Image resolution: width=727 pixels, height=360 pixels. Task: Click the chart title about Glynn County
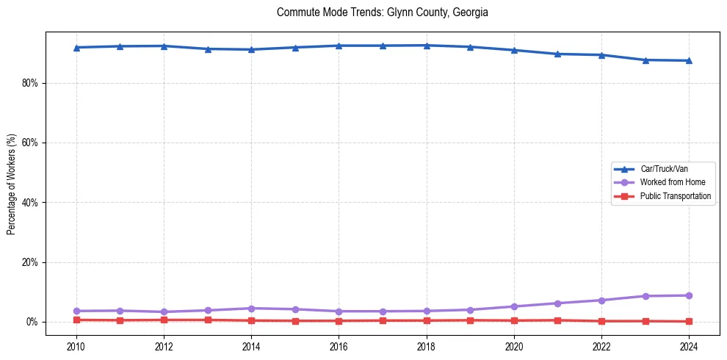click(x=382, y=12)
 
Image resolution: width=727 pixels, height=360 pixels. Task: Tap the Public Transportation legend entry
click(x=675, y=196)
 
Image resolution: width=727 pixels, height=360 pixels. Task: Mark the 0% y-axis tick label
click(x=32, y=322)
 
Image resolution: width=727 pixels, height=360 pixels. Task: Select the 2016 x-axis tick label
click(x=339, y=346)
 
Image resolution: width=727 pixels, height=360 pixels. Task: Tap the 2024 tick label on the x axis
click(x=689, y=346)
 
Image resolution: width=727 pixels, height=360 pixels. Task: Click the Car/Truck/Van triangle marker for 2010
click(x=76, y=48)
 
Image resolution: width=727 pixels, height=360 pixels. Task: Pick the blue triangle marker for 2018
click(x=427, y=46)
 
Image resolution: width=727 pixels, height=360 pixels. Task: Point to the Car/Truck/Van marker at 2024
click(x=689, y=60)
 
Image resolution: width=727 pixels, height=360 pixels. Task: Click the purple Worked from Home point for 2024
click(x=689, y=295)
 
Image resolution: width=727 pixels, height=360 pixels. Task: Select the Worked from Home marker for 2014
click(x=251, y=309)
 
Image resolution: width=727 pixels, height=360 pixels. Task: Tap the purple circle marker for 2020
click(x=514, y=306)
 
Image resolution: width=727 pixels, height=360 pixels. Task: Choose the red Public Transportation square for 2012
click(x=164, y=320)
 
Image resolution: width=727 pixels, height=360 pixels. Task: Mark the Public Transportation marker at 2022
click(x=601, y=321)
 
